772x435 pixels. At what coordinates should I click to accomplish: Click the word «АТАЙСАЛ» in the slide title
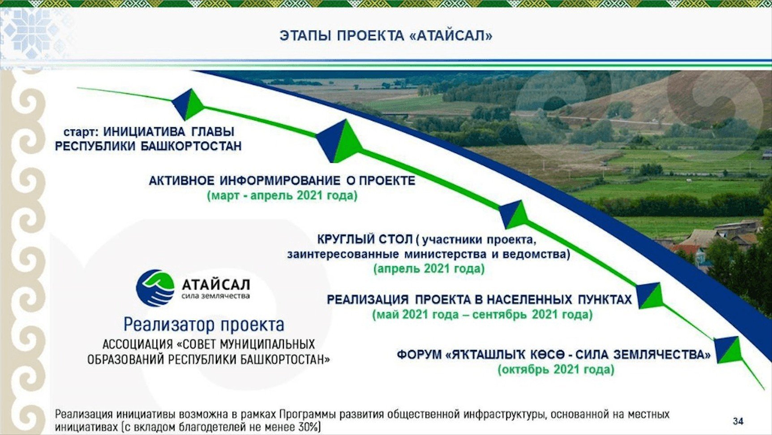[x=451, y=35]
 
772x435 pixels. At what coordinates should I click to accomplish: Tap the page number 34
[x=738, y=421]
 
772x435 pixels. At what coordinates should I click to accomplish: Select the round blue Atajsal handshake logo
[x=155, y=288]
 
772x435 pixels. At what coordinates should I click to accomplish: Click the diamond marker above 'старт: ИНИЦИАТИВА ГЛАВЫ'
[x=188, y=104]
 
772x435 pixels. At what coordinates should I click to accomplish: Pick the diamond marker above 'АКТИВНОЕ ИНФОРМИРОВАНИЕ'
[x=339, y=141]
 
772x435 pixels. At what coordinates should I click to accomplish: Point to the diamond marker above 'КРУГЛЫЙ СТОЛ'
[x=513, y=215]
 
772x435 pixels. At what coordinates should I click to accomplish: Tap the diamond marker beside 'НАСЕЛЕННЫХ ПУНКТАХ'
[x=650, y=296]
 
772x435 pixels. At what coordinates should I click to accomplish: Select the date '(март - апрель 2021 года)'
[x=282, y=196]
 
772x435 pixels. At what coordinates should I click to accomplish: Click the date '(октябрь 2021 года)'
[x=556, y=370]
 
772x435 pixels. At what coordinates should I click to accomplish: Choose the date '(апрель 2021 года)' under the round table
[x=429, y=269]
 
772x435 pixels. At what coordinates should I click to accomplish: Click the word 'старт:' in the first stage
[x=81, y=132]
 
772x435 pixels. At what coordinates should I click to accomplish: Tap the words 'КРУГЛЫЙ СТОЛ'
[x=365, y=239]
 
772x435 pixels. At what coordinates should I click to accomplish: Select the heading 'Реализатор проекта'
[x=204, y=324]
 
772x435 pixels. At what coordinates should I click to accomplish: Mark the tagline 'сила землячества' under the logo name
[x=216, y=296]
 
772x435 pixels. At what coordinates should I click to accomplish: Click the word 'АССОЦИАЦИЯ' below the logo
[x=137, y=344]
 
